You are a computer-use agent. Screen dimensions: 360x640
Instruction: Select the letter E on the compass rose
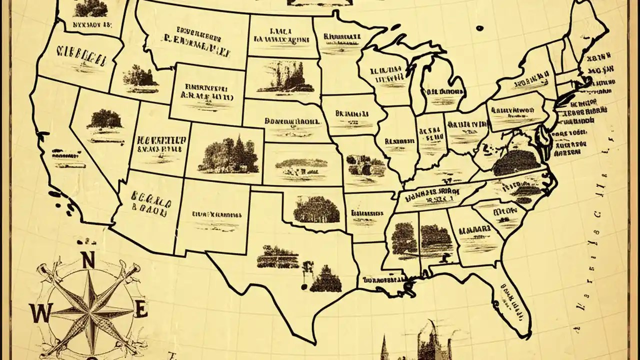pos(141,309)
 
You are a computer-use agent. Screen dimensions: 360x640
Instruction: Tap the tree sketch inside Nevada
pos(103,119)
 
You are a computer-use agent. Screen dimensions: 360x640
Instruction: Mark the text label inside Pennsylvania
pos(514,111)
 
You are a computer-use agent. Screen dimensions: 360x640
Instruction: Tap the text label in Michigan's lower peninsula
pos(443,92)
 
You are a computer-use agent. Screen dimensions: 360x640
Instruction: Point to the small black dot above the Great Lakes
pos(480,28)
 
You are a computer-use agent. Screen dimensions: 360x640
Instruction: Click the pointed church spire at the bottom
pos(385,345)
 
